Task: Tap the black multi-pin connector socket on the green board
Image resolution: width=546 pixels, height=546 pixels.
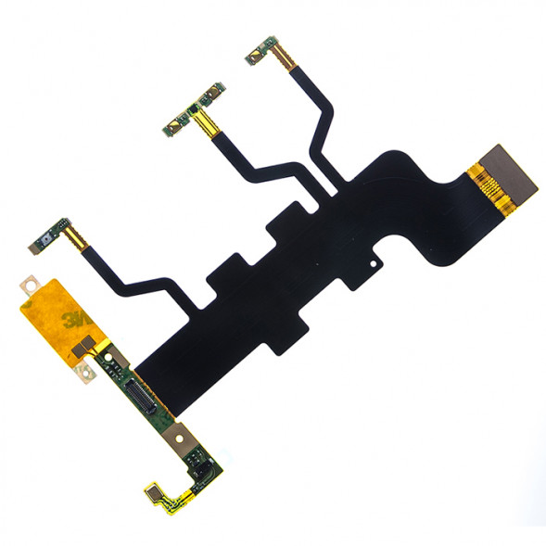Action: tap(140, 396)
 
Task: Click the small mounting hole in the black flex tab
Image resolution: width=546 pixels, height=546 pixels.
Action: tap(373, 263)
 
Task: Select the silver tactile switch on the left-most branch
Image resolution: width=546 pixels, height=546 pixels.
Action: tap(45, 240)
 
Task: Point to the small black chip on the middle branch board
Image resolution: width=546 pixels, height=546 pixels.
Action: tap(192, 109)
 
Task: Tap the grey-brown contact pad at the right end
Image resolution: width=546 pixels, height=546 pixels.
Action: tap(509, 174)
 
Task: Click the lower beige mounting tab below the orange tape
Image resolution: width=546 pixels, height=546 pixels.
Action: tap(85, 371)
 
